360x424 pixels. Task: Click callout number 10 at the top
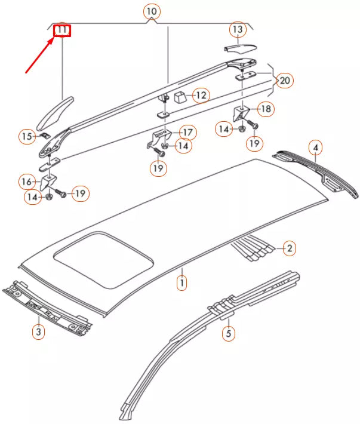[152, 11]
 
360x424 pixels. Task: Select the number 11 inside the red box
[63, 30]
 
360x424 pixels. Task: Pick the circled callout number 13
[238, 29]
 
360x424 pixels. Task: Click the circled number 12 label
[201, 94]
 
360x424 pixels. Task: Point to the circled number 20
[285, 80]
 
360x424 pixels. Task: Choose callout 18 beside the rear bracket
[266, 109]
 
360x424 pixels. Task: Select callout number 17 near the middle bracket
[187, 132]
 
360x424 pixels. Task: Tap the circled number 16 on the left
[27, 181]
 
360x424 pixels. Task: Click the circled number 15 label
[26, 137]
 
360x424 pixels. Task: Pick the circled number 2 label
[288, 248]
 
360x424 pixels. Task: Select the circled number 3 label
[38, 332]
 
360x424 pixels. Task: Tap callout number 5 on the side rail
[228, 333]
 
